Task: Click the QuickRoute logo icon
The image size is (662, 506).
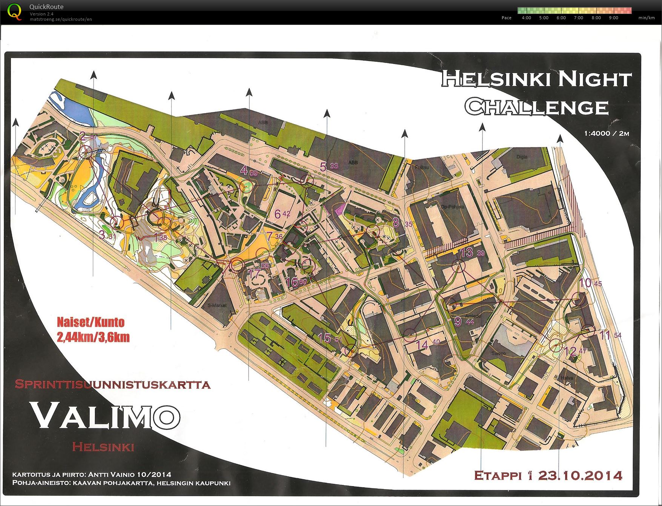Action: point(15,12)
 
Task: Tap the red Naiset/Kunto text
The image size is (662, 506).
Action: point(91,322)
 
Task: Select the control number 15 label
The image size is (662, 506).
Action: point(324,338)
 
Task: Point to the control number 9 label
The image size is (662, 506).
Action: point(458,321)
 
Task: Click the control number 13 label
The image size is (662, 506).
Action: point(467,252)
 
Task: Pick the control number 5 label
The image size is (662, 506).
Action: point(323,166)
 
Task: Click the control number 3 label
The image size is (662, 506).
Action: point(102,235)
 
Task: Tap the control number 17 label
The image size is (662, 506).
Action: point(255,273)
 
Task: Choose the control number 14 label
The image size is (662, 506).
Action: point(422,344)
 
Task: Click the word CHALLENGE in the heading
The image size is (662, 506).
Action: point(536,107)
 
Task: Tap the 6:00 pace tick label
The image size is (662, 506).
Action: point(561,18)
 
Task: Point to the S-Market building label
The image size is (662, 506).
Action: point(217,305)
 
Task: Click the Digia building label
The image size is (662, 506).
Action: point(522,157)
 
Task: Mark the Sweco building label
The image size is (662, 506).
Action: point(498,353)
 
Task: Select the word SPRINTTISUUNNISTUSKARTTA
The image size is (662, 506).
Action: point(112,384)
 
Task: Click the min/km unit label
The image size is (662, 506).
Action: point(646,18)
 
